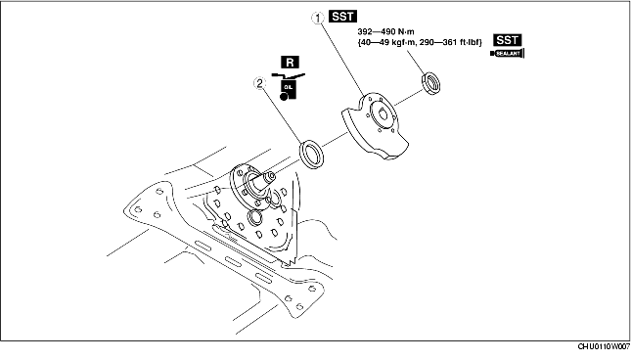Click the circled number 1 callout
tap(318, 19)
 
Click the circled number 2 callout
tap(260, 84)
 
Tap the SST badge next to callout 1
tap(342, 16)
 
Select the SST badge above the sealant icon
tap(508, 40)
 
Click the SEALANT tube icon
tap(508, 54)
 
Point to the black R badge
tap(290, 63)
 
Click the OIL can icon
tap(289, 90)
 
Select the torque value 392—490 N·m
tap(385, 31)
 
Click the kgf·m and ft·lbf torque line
tap(420, 42)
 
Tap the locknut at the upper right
tap(430, 83)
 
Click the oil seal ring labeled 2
tap(312, 154)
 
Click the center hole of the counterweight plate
tap(383, 115)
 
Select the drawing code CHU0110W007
tap(604, 346)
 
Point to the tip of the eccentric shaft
tap(271, 176)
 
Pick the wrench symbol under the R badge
tap(289, 75)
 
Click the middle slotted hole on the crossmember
tap(234, 261)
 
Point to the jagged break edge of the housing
tap(292, 261)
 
